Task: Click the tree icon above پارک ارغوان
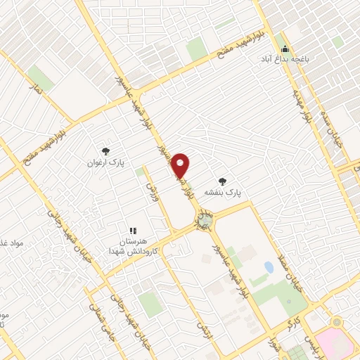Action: [x=105, y=151]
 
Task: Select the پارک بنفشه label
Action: [x=223, y=191]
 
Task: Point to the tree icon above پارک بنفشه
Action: [x=223, y=181]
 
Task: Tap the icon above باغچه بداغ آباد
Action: [x=285, y=49]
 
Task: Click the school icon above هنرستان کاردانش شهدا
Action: [x=131, y=230]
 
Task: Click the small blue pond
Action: [x=269, y=268]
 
